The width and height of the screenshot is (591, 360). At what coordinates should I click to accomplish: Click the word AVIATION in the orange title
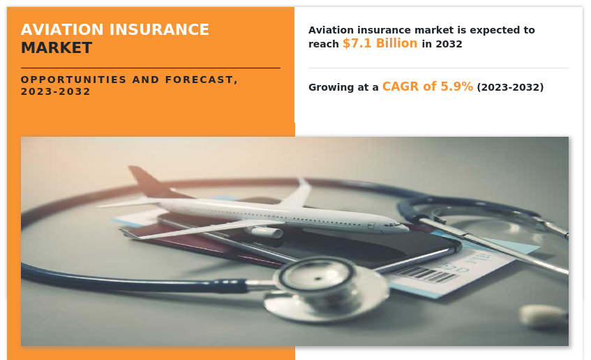pyautogui.click(x=62, y=30)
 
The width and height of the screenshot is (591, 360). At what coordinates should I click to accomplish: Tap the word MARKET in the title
pyautogui.click(x=57, y=48)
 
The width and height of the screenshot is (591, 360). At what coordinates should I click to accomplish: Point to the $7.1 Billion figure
pyautogui.click(x=380, y=43)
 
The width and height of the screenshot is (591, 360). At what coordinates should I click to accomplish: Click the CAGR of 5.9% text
pyautogui.click(x=428, y=87)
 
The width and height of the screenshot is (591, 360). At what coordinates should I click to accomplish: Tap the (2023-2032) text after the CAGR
pyautogui.click(x=510, y=87)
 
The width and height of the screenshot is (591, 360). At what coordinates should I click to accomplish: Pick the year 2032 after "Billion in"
pyautogui.click(x=449, y=44)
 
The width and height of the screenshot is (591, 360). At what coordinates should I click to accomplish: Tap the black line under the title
pyautogui.click(x=151, y=68)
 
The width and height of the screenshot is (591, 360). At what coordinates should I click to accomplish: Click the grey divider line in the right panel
pyautogui.click(x=438, y=68)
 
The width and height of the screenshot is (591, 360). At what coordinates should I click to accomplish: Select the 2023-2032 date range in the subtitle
pyautogui.click(x=56, y=91)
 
